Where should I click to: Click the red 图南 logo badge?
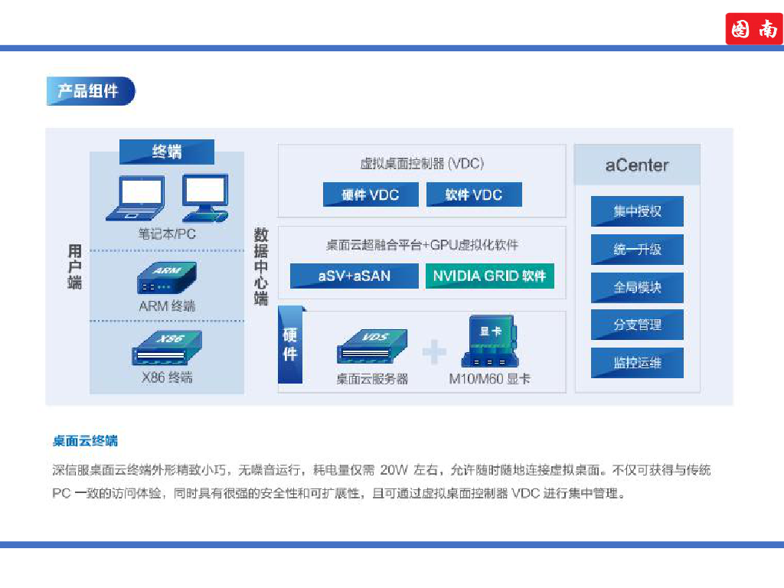(754, 29)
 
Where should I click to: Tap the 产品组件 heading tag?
(90, 91)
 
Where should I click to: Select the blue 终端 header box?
(166, 152)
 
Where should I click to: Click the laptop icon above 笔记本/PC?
(136, 198)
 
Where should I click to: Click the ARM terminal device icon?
(166, 277)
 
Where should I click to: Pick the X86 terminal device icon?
(166, 348)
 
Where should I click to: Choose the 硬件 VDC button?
(371, 194)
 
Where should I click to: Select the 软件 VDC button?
(474, 194)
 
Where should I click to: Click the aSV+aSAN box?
(354, 276)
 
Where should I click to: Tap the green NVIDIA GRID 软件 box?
(489, 276)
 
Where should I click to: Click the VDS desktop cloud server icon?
(372, 346)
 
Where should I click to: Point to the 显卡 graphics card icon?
(490, 341)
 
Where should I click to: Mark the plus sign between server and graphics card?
(434, 351)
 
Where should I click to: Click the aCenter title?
(637, 165)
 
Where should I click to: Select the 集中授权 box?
(637, 211)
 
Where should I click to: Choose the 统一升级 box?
(637, 249)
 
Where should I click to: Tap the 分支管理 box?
(637, 325)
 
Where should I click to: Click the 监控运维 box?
(637, 363)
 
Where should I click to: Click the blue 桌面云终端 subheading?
(85, 441)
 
